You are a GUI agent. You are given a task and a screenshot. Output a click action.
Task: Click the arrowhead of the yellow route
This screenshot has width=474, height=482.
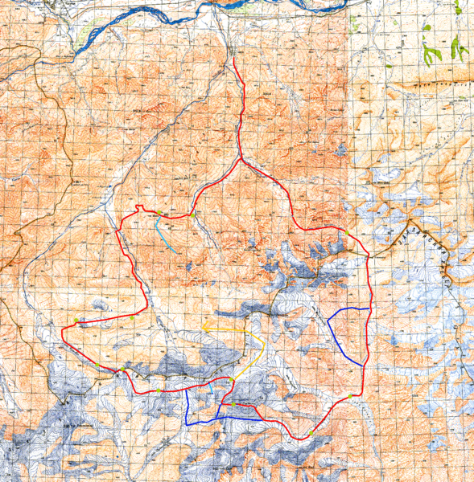204,326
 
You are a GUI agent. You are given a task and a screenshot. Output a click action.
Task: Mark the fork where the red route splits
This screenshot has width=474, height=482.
241,158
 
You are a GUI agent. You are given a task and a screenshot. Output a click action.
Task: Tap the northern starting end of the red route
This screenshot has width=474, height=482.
233,58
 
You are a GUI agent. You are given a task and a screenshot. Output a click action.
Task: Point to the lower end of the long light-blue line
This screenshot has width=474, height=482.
178,254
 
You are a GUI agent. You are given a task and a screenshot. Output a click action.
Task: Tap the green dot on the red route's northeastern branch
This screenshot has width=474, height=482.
344,231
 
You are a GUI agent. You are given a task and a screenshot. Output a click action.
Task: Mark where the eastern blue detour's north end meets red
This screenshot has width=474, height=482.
369,308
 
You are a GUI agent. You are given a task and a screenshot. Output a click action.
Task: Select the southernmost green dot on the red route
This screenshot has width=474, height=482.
310,435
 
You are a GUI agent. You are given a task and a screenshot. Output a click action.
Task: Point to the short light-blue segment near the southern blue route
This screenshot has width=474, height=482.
211,387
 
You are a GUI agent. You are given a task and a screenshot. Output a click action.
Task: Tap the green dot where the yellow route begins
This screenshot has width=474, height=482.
232,378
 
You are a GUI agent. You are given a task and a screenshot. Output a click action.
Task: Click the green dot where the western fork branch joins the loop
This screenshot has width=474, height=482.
193,214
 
